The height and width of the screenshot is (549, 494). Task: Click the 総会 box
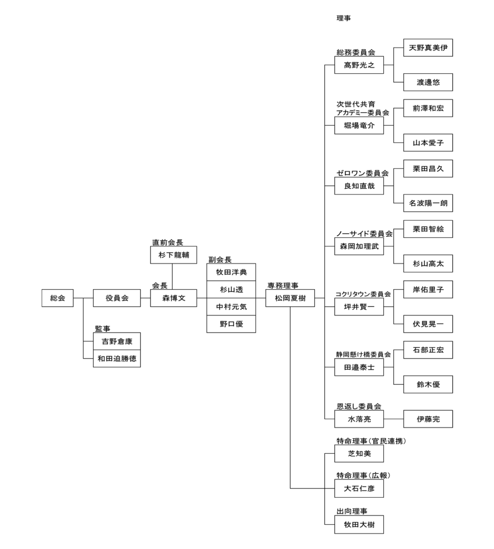(58, 298)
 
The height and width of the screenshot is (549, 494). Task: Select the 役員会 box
(117, 298)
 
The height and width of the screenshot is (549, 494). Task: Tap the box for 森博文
(174, 298)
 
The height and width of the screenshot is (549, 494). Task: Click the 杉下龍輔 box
(174, 255)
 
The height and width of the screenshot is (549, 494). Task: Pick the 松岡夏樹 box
(290, 298)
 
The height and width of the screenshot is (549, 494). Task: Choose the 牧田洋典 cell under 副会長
(231, 272)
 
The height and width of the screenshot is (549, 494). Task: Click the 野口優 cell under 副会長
(231, 324)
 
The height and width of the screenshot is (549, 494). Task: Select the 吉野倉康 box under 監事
(117, 342)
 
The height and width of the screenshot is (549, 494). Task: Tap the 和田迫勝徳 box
(117, 359)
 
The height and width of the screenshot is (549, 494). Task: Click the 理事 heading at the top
(343, 19)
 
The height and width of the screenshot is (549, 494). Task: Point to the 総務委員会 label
(356, 52)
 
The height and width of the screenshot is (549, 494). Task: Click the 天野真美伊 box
(428, 48)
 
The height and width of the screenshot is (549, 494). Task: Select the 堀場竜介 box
(359, 125)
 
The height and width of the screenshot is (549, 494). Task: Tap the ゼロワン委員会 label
(362, 173)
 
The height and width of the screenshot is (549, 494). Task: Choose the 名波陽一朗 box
(428, 203)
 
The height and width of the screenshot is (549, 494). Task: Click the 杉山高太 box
(428, 264)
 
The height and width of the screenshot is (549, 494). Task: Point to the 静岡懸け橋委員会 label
(363, 354)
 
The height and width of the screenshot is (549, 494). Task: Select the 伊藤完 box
(428, 419)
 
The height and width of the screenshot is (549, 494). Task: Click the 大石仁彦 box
(359, 489)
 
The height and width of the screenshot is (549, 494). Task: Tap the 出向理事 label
(352, 511)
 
